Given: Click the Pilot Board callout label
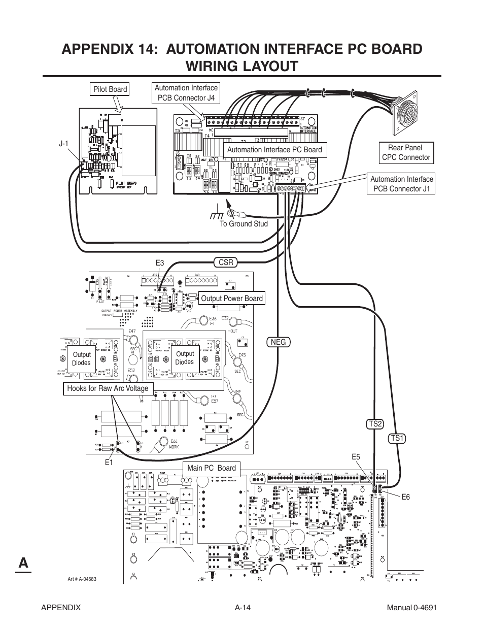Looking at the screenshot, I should click(110, 89).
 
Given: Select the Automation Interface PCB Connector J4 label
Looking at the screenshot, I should click(186, 93).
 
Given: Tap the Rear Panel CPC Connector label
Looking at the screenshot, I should click(406, 152).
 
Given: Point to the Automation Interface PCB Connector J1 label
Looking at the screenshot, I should click(401, 184).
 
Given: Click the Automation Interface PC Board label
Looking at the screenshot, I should click(274, 149).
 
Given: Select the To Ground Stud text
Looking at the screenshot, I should click(244, 224).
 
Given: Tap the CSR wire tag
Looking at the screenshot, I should click(226, 262).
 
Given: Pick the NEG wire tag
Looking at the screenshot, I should click(279, 342).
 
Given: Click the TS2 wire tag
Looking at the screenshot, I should click(375, 424).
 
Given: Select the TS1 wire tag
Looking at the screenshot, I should click(397, 438).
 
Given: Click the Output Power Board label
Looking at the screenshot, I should click(232, 299).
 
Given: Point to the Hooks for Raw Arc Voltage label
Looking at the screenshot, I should click(108, 388).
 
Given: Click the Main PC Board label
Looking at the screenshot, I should click(212, 468).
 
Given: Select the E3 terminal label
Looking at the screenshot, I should click(160, 262).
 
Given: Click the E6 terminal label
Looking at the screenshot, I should click(405, 497).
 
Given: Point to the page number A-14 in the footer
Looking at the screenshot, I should click(243, 608).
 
